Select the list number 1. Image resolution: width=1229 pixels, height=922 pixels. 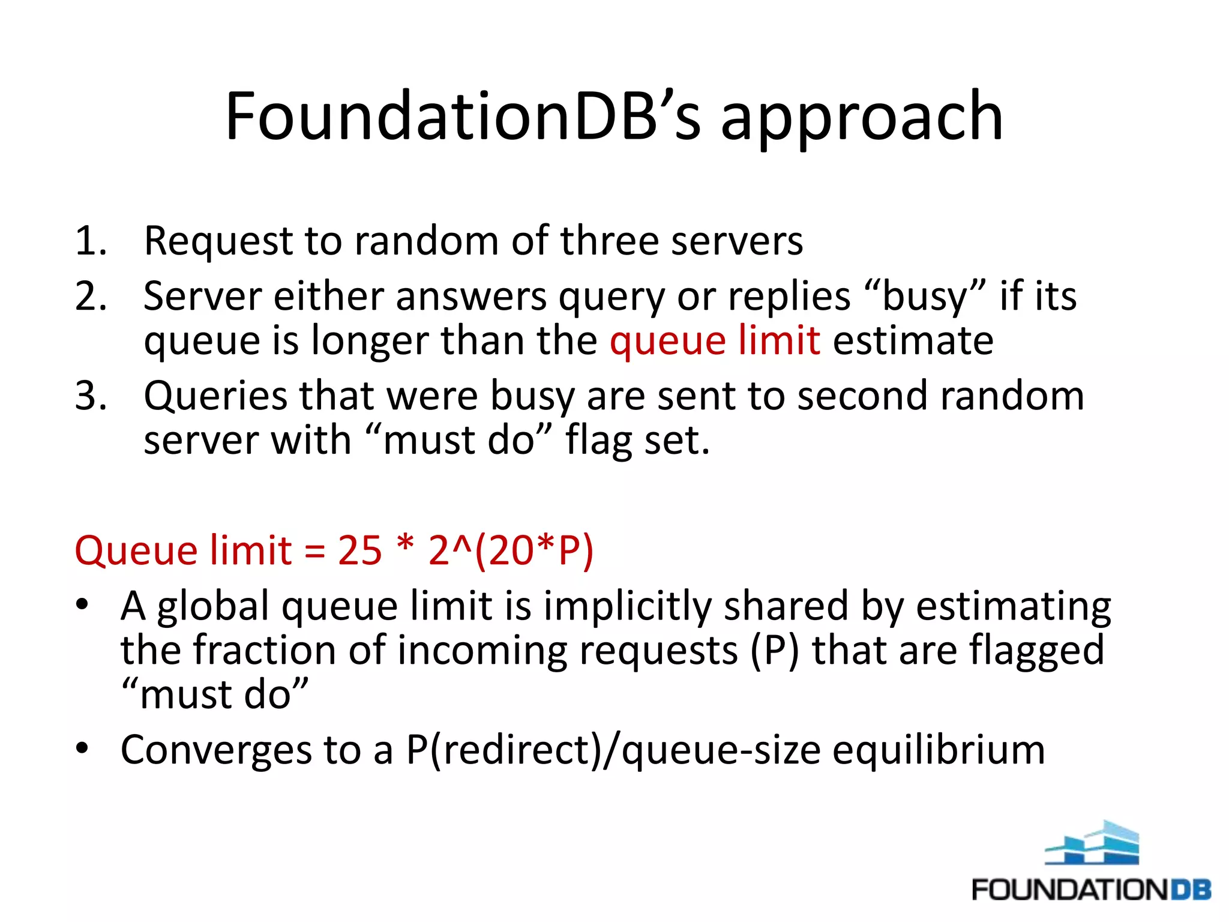point(90,241)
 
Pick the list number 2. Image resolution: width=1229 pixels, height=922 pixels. point(91,297)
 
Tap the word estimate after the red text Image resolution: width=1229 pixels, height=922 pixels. point(913,340)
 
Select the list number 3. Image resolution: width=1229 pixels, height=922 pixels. point(91,396)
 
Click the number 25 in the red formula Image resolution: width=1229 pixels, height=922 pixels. point(359,550)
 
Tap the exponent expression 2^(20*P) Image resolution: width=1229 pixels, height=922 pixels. point(511,550)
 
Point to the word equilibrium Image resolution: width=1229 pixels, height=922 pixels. point(939,750)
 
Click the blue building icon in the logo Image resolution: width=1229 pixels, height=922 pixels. point(1092,843)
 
